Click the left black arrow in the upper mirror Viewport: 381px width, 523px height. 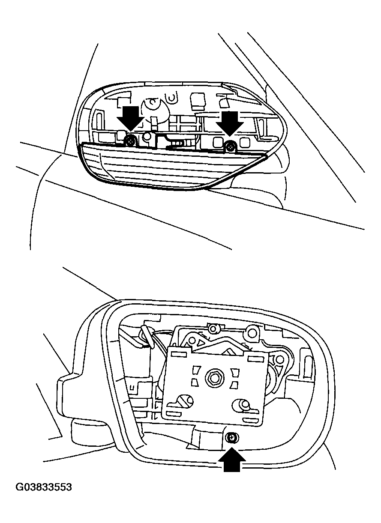[130, 118]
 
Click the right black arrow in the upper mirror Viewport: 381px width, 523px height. [229, 123]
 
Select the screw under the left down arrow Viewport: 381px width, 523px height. [130, 141]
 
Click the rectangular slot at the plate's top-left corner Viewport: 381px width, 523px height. [179, 348]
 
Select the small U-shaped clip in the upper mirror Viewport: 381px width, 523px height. [172, 98]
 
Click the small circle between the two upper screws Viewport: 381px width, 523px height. [147, 137]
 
